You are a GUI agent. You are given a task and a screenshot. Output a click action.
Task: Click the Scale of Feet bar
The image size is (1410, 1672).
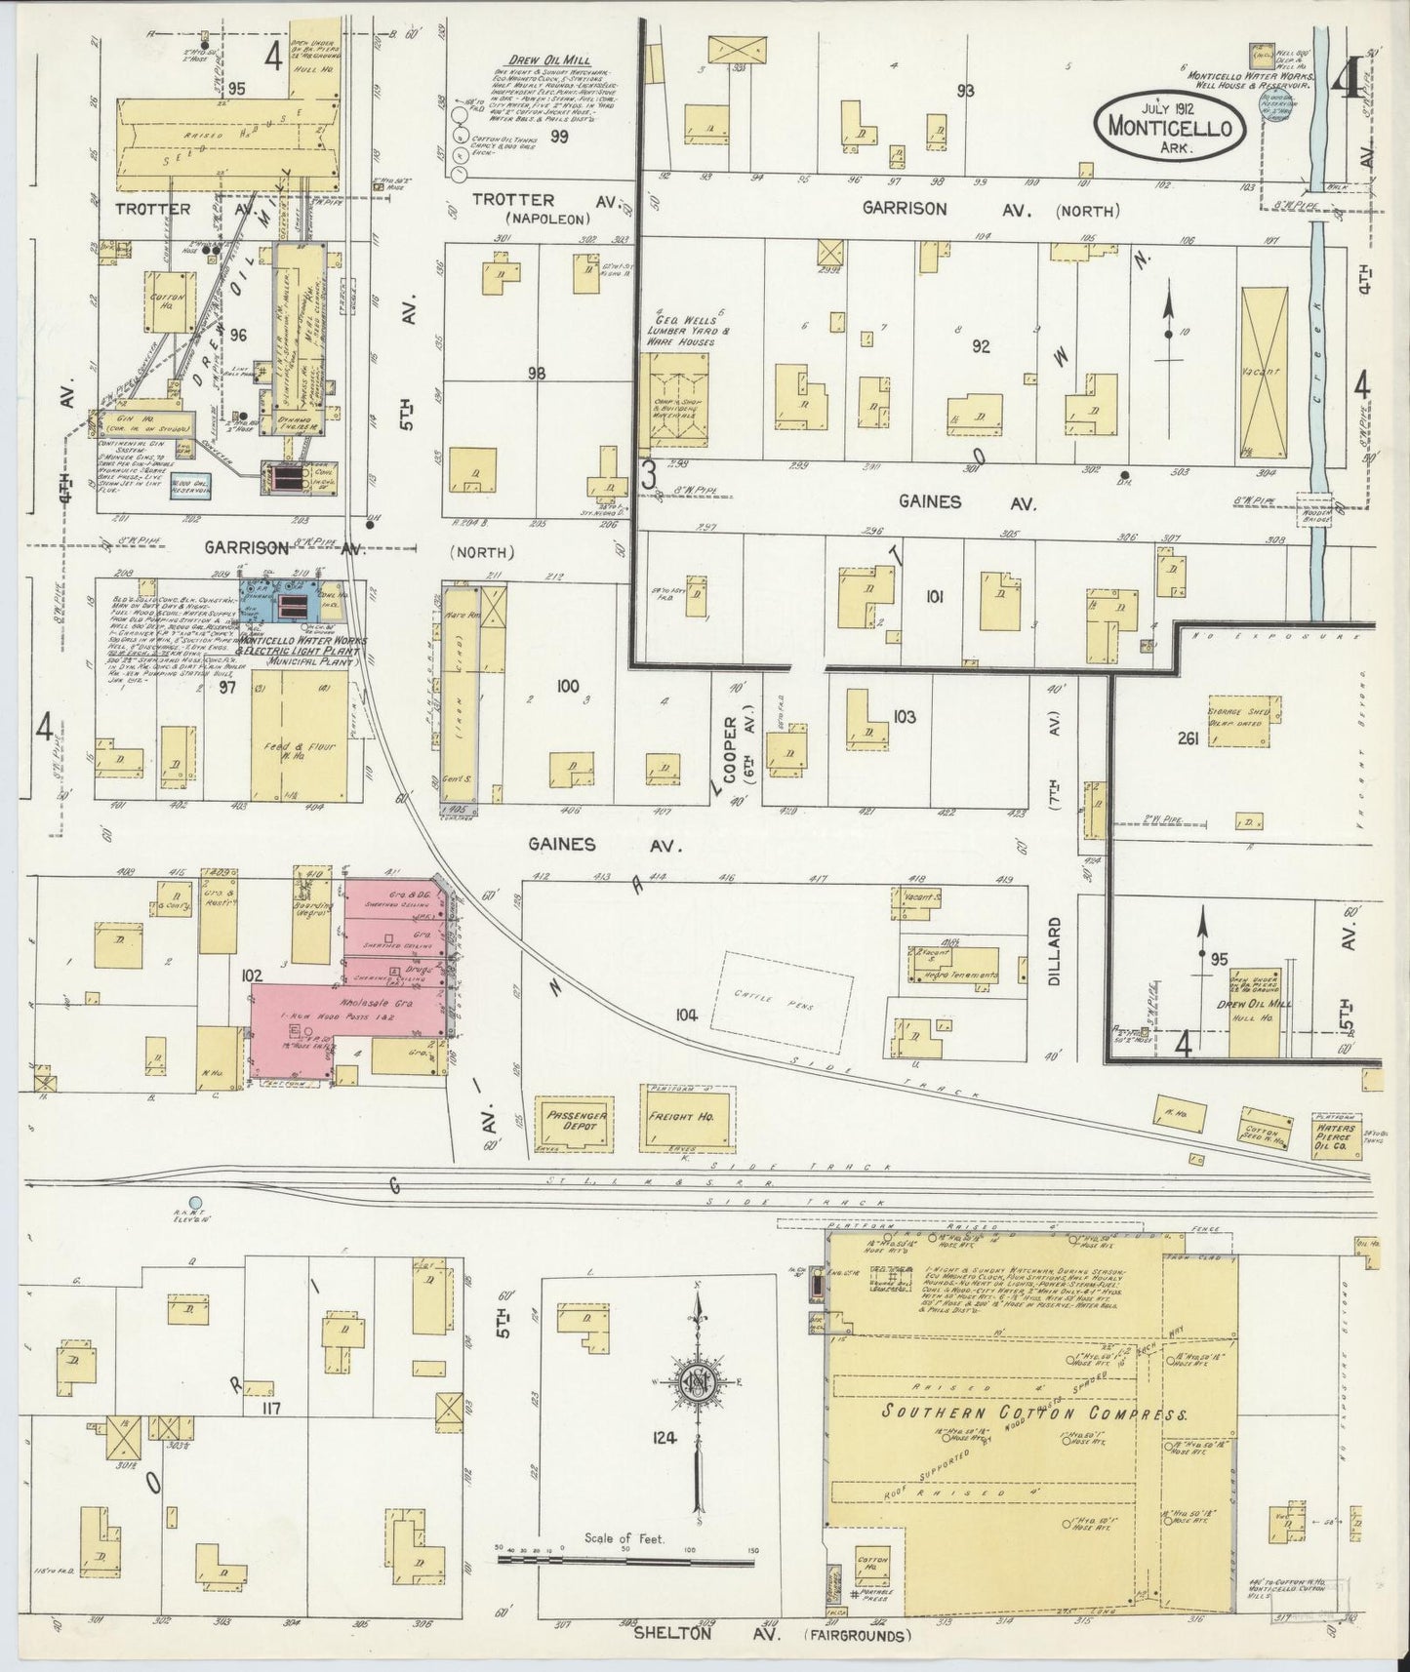point(624,1559)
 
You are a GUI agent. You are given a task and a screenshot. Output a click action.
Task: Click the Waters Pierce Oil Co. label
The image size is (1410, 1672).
point(1333,1127)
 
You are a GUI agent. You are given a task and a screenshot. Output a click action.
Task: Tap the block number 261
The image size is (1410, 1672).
point(1188,738)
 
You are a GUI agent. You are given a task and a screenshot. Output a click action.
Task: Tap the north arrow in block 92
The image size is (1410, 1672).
point(1169,332)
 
